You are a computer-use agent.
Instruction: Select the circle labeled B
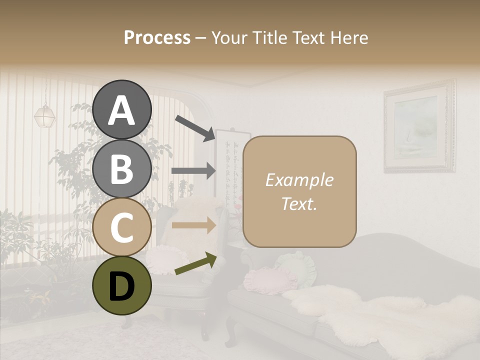coord(121,168)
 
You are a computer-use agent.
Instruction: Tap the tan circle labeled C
coord(121,227)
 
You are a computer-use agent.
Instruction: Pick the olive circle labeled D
coord(121,285)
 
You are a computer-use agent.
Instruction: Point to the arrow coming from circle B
coord(193,170)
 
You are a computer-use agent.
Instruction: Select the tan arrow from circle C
coord(193,225)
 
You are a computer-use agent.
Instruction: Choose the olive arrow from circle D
coord(195,264)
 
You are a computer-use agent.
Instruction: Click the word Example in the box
coord(299,180)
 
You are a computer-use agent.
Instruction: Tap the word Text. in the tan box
coord(299,203)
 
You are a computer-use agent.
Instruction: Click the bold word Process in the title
coord(157,37)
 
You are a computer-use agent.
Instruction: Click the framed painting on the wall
coord(419,127)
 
